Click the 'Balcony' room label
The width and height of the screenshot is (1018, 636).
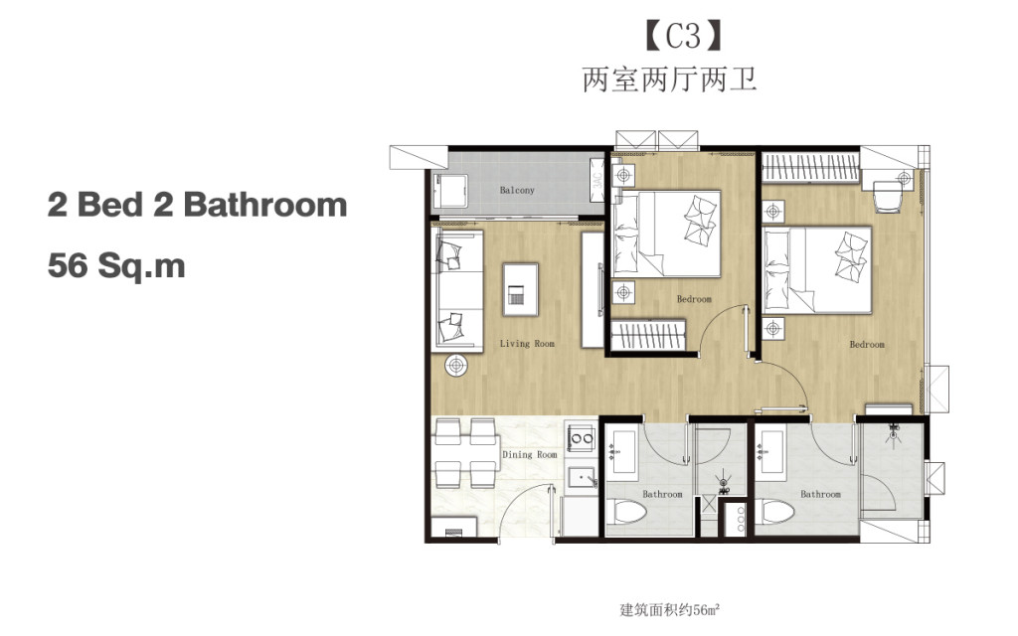(517, 190)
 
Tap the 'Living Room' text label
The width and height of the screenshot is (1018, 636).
(527, 344)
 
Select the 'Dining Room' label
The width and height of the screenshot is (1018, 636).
(530, 454)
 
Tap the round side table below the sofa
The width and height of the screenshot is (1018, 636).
(457, 365)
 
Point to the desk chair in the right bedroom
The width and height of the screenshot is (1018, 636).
(888, 197)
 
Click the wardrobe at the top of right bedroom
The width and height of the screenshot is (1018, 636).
(808, 167)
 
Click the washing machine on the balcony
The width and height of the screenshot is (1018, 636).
(452, 191)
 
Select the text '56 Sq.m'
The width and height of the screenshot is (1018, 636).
(116, 266)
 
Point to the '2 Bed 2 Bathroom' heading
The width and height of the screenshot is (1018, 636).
(197, 205)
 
